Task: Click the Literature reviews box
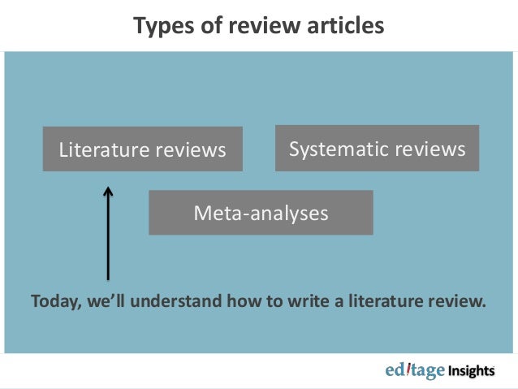(142, 149)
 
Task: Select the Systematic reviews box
(377, 149)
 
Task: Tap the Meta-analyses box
(260, 213)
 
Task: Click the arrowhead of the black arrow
(107, 193)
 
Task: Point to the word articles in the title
(341, 26)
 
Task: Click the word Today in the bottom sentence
(54, 302)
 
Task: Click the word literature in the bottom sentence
(382, 302)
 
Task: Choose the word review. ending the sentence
(458, 302)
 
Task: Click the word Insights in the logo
(471, 371)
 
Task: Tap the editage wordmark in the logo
(415, 371)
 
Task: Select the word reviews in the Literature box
(191, 150)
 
